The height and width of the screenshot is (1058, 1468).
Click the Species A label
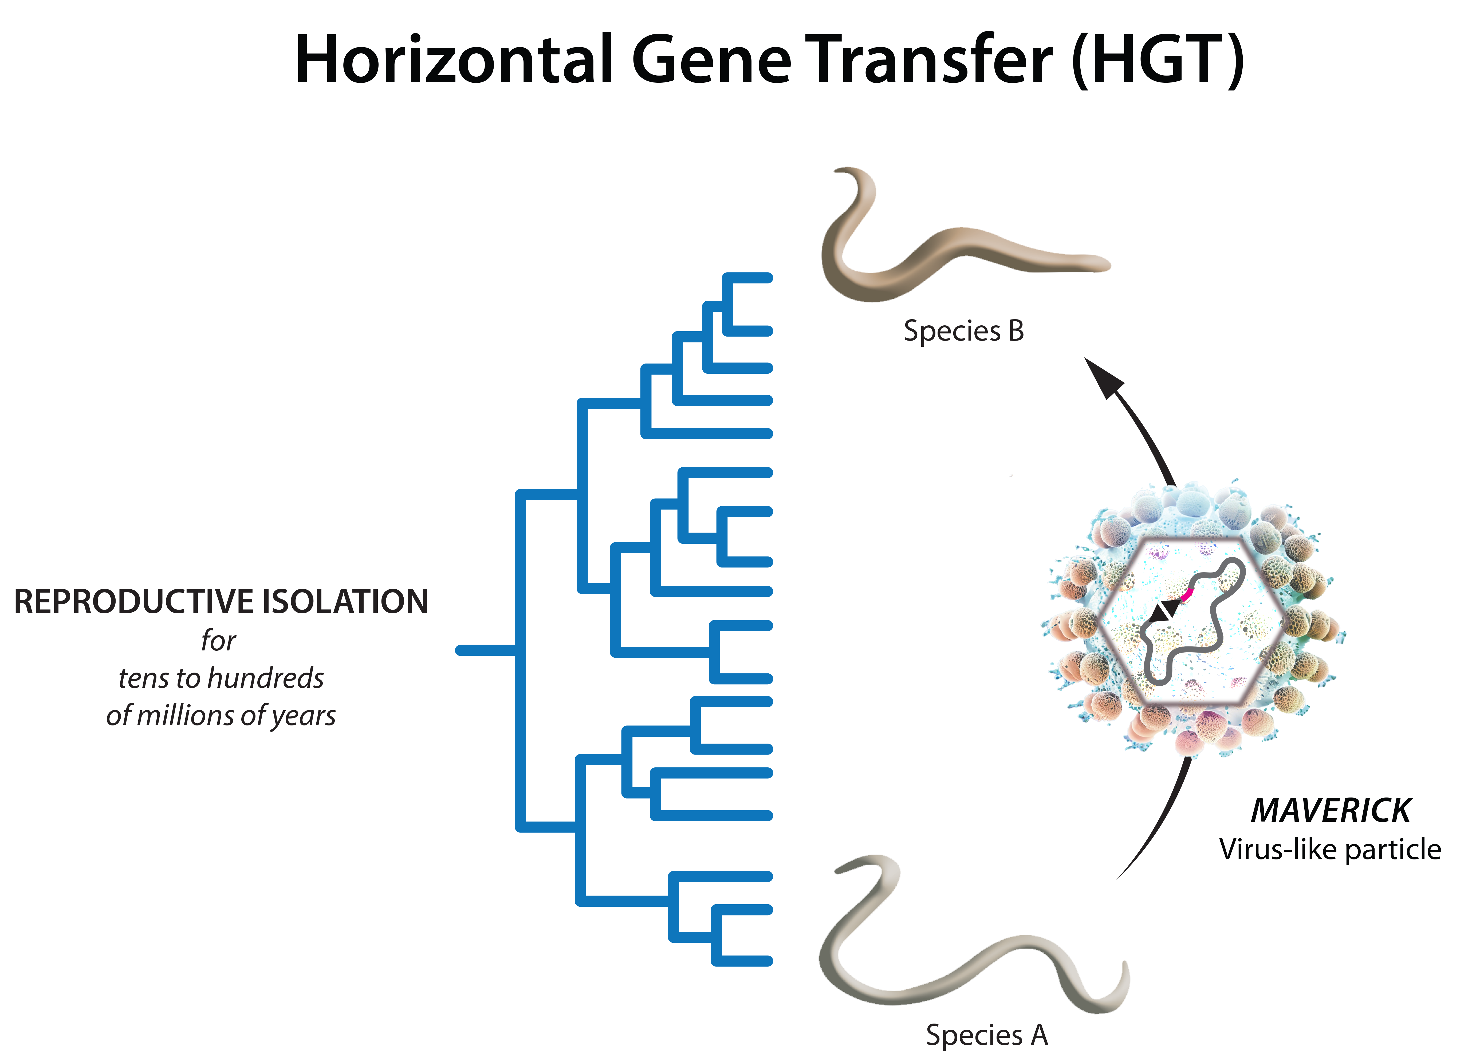(986, 1035)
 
